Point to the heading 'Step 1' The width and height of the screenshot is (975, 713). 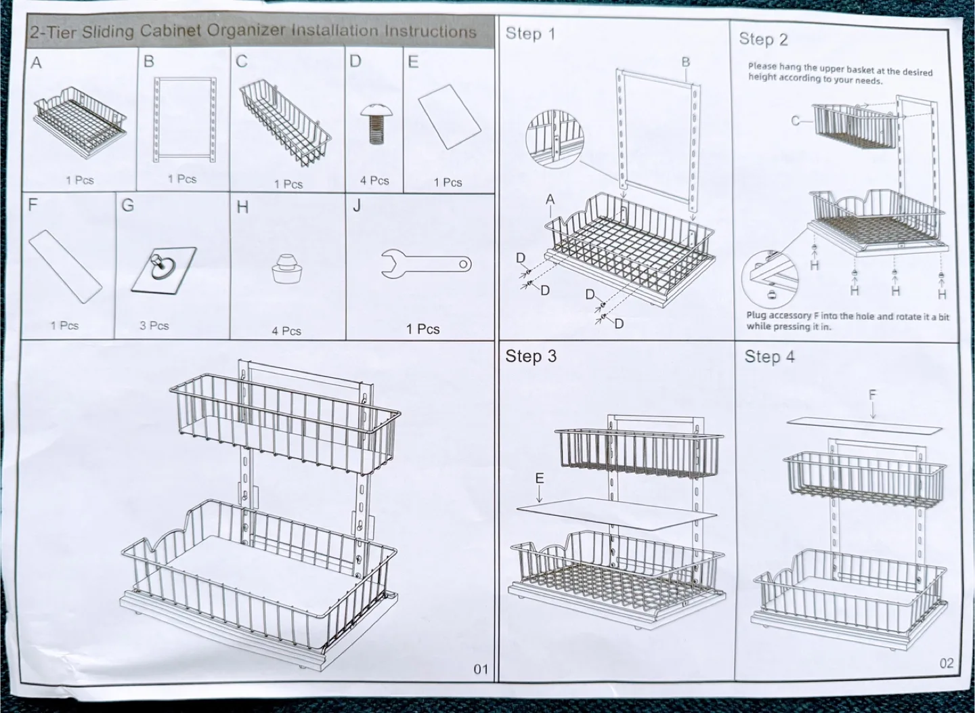530,33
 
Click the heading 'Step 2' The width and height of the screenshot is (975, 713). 763,39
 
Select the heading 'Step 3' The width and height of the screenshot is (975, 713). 531,356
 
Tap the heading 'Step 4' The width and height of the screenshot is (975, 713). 770,357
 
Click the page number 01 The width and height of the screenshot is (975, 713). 480,670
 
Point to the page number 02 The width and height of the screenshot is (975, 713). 947,664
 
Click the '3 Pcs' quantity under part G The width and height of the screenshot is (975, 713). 154,326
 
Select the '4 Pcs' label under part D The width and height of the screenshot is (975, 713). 374,181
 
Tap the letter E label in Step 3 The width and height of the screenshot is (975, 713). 539,479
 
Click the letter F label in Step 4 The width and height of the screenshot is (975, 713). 873,394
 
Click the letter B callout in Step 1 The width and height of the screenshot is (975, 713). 686,62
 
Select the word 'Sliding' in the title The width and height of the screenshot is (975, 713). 108,32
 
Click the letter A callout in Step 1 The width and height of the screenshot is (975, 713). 550,199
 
